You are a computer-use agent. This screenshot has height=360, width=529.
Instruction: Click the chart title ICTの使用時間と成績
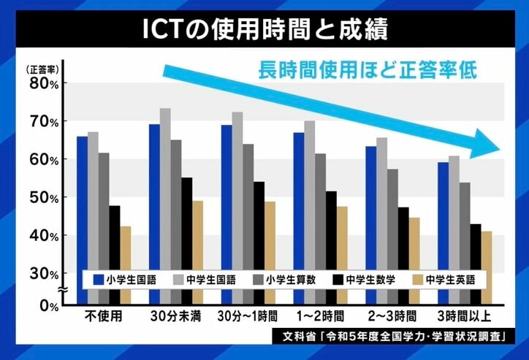pos(264,30)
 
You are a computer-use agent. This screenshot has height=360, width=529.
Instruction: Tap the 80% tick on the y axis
pos(44,83)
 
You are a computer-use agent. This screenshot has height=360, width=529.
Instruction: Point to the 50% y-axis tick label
pos(44,197)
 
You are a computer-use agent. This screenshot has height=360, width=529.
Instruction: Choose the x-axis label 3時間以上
pos(464,318)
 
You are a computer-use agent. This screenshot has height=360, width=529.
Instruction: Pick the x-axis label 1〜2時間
pos(319,318)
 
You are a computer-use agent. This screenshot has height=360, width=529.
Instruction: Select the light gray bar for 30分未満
pos(165,197)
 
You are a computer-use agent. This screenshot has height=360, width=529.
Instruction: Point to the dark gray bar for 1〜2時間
pos(321,212)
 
